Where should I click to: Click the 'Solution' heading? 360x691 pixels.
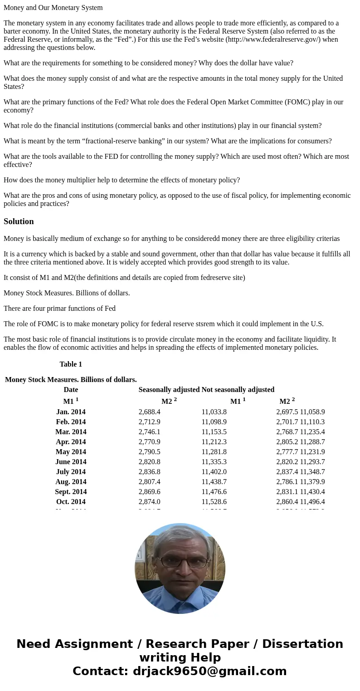tap(19, 221)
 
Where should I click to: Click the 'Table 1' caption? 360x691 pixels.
tap(71, 364)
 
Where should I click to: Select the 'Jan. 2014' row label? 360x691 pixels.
tap(71, 412)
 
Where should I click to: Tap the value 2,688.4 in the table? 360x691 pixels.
tap(150, 412)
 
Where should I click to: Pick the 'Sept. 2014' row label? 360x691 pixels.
tap(71, 492)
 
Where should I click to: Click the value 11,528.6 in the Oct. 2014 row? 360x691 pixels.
tap(214, 502)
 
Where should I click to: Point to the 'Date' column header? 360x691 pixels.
tap(71, 390)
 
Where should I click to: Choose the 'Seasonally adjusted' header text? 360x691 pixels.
tap(169, 390)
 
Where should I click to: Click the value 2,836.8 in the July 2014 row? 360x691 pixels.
tap(150, 472)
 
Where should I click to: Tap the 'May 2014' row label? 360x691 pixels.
tap(71, 452)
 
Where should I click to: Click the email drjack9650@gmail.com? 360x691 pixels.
tap(209, 671)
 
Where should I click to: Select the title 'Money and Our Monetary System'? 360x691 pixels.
tap(53, 8)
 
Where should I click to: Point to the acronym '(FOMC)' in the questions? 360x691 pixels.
tap(290, 102)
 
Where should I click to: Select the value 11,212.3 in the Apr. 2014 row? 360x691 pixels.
tap(214, 442)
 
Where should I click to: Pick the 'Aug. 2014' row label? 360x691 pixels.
tap(71, 482)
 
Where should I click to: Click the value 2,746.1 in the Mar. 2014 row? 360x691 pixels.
tap(150, 432)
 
